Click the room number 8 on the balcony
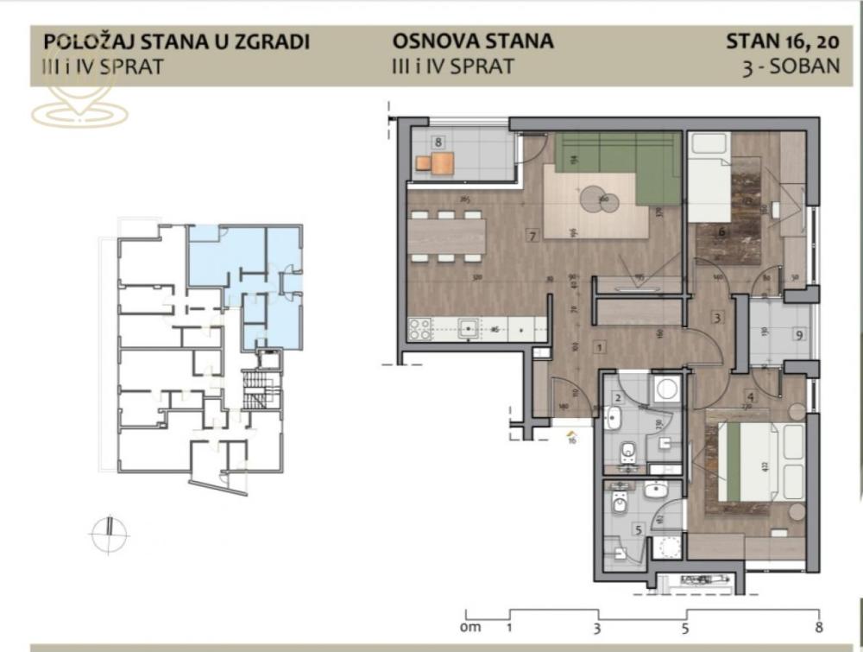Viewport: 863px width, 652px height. [439, 142]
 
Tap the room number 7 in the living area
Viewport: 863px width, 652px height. [533, 234]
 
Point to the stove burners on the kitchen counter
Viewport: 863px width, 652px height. [419, 328]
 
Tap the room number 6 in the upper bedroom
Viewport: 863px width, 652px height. [721, 231]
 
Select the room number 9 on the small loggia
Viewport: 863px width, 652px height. [800, 335]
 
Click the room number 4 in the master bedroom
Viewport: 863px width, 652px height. [751, 397]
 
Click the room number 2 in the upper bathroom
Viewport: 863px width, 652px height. [618, 398]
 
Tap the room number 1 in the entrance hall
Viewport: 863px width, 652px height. [599, 346]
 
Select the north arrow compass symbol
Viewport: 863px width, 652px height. [109, 535]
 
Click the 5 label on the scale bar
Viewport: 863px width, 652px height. [684, 628]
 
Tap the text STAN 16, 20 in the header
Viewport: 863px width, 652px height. [783, 41]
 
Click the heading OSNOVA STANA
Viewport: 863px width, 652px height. [473, 41]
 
